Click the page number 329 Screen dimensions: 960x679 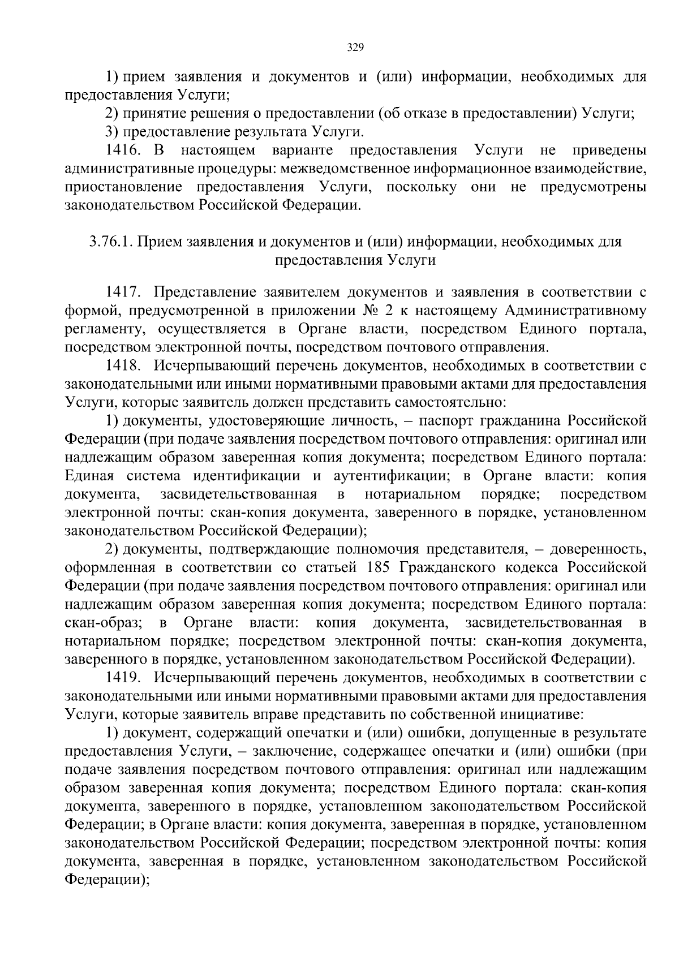tap(355, 48)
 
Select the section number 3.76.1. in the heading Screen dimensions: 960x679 tap(111, 242)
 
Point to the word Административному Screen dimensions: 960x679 tap(575, 311)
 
